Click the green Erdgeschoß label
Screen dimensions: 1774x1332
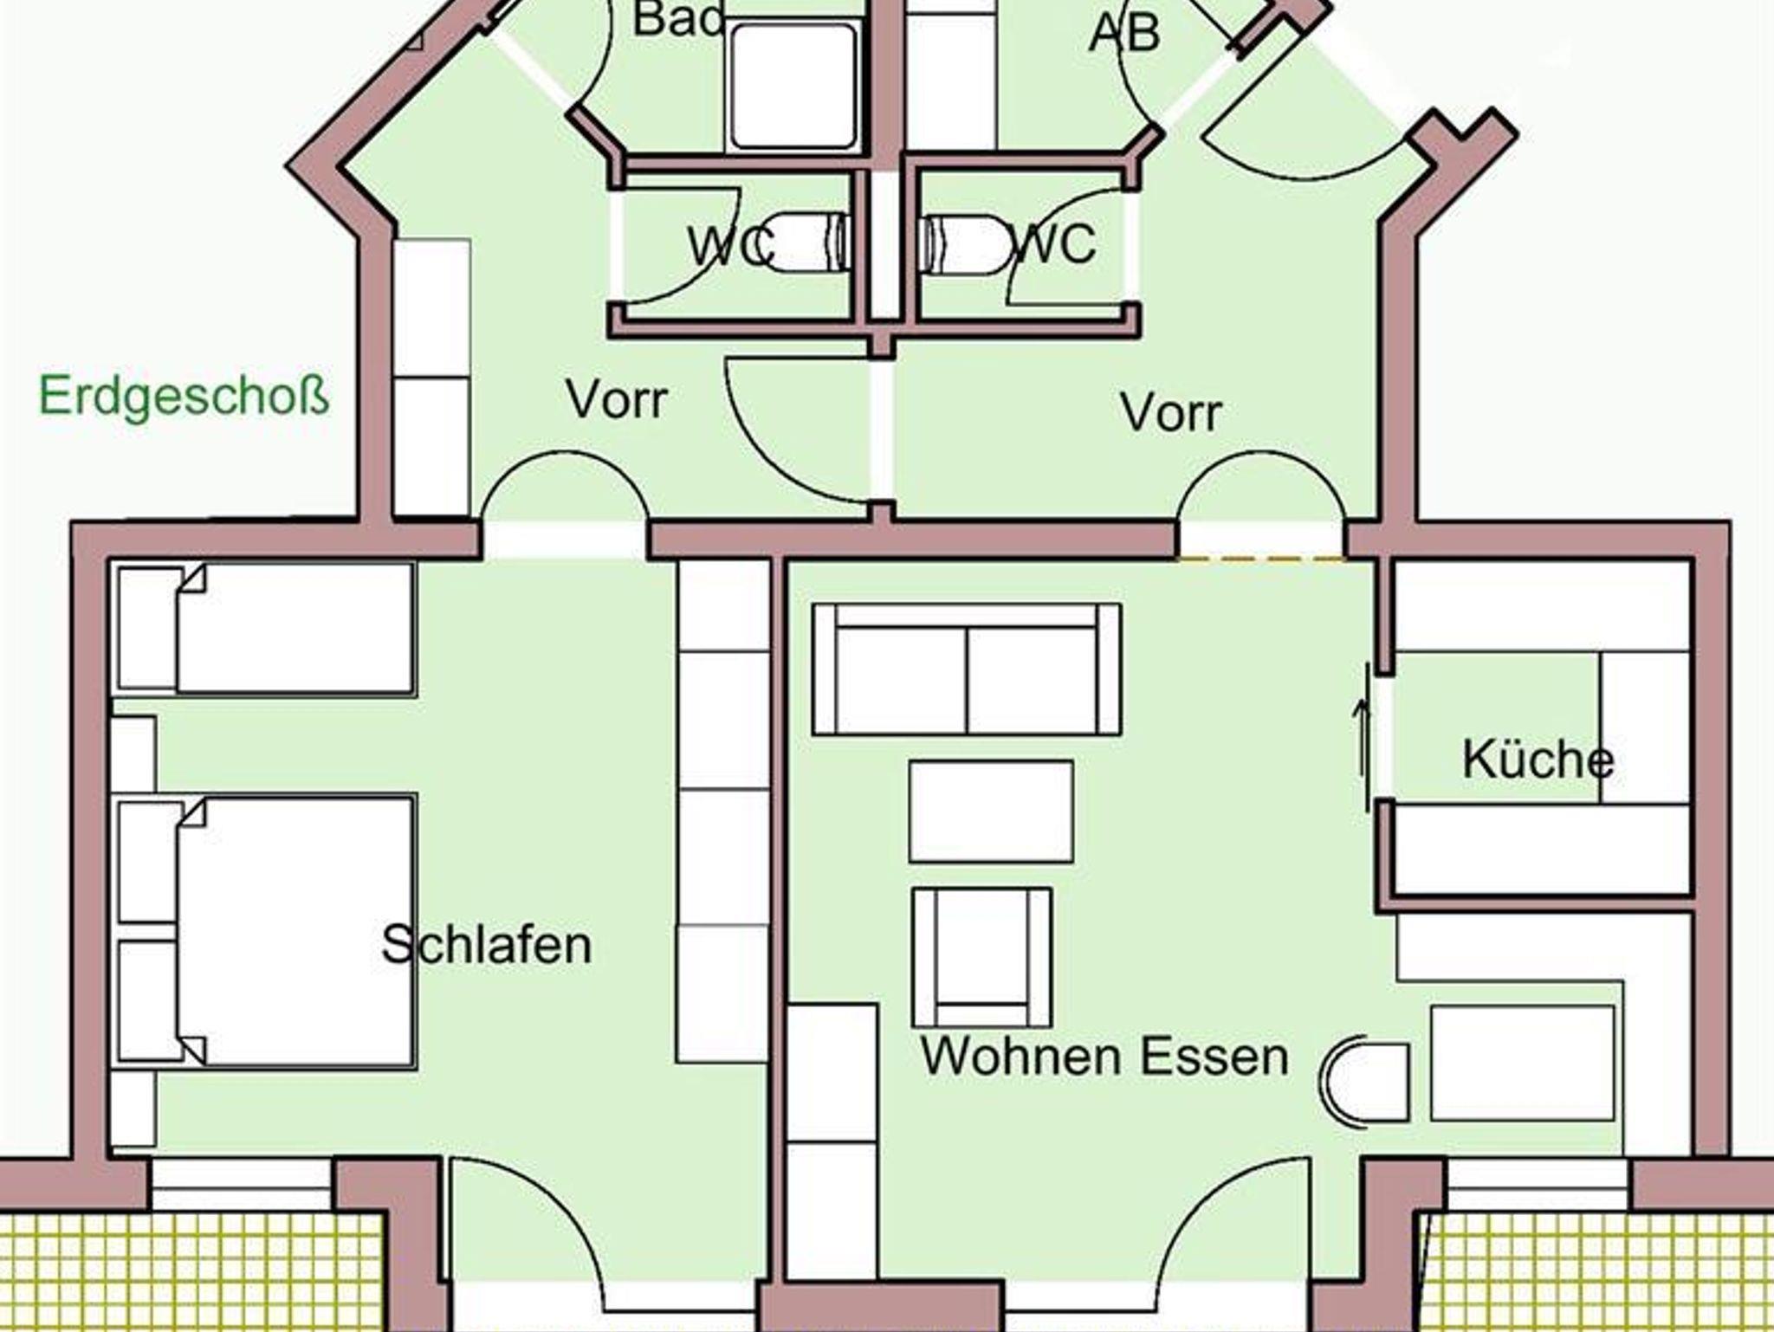(x=184, y=398)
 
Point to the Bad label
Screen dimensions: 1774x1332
(x=677, y=19)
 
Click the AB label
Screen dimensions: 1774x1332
(x=1124, y=34)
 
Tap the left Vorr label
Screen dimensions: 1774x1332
(x=617, y=399)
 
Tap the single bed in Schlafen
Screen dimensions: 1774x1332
(x=265, y=629)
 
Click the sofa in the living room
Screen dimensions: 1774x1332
(x=967, y=669)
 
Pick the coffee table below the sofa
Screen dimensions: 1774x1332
(x=991, y=811)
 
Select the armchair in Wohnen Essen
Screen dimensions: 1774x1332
(x=982, y=957)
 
